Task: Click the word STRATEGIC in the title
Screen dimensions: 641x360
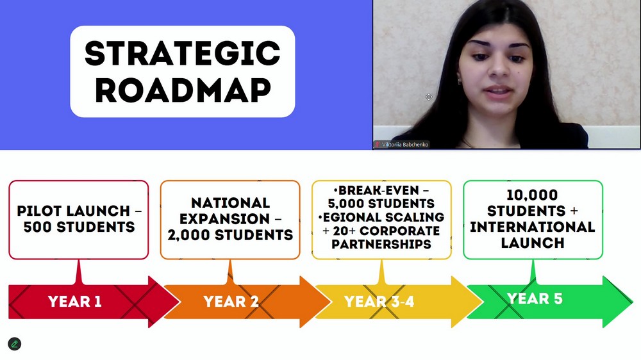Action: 182,53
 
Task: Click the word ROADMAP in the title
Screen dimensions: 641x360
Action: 183,90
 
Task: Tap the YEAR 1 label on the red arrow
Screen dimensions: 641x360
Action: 75,302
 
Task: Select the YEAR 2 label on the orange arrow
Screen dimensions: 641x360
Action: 231,302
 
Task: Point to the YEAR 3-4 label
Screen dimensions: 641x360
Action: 379,302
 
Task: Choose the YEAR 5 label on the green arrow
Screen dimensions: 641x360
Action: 535,299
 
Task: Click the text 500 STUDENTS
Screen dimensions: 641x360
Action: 79,227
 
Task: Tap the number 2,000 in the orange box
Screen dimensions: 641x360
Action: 189,235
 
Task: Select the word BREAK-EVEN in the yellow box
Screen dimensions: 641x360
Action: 379,190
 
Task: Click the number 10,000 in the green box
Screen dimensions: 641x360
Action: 532,195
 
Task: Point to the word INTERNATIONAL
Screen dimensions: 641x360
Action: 532,227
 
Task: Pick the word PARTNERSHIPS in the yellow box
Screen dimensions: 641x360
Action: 381,244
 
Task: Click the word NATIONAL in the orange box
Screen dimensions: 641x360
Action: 231,203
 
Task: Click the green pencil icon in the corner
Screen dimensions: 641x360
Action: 14,344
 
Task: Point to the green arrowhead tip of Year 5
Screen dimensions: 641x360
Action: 632,302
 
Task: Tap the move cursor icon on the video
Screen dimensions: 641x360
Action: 428,97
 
